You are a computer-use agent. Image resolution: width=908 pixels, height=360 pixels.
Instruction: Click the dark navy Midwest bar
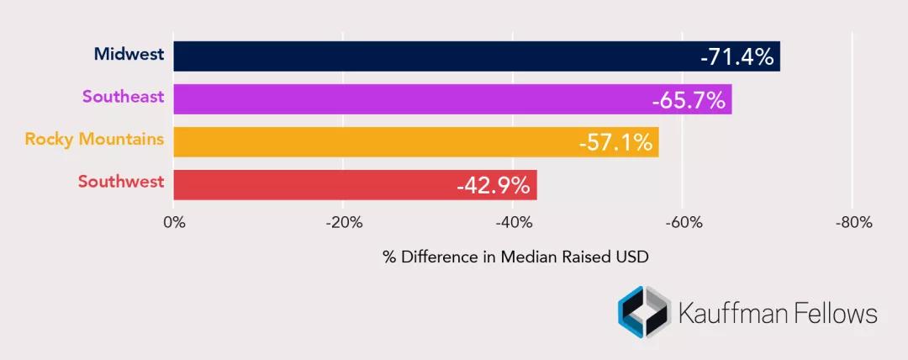437,56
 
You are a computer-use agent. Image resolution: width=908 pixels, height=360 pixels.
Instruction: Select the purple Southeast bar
412,99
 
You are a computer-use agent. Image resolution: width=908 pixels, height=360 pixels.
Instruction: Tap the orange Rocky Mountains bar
370,142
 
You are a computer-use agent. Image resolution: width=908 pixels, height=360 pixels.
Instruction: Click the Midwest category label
129,56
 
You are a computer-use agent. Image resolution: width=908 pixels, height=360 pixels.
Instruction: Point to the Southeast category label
123,97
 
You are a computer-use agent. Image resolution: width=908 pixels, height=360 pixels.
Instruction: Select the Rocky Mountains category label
94,139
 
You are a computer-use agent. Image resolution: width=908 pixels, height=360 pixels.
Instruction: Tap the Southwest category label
121,182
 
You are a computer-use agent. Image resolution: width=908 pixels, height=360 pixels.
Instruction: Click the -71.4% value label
736,57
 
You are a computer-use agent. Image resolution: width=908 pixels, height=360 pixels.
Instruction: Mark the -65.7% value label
688,100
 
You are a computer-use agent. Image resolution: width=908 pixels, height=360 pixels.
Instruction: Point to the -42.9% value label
493,185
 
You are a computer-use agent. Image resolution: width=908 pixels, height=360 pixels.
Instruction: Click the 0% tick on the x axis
174,223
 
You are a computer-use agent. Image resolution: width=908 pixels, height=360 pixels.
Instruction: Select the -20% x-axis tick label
344,223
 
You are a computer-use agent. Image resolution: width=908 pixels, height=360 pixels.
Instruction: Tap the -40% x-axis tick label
514,223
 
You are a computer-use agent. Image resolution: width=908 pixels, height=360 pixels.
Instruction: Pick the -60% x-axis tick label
683,223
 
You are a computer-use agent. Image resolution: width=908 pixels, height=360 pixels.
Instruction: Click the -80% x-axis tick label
853,223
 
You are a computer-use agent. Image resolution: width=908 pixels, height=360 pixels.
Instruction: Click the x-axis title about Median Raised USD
516,257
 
